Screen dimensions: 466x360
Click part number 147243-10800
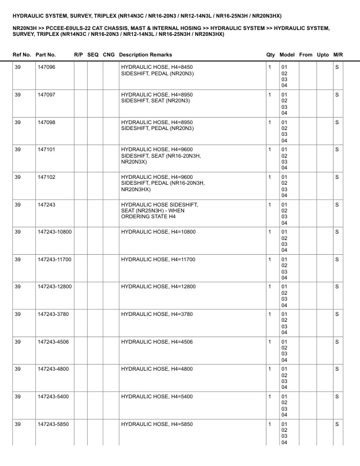click(x=54, y=232)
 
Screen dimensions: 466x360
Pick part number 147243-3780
click(x=52, y=314)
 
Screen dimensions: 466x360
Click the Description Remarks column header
click(x=145, y=55)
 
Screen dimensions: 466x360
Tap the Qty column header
click(x=271, y=55)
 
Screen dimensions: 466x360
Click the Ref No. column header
click(x=22, y=55)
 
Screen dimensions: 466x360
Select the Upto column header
click(x=323, y=55)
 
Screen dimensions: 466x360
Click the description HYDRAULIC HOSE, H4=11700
click(x=158, y=259)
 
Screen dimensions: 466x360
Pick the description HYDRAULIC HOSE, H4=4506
click(x=156, y=342)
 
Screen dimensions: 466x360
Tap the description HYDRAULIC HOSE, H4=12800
click(x=158, y=287)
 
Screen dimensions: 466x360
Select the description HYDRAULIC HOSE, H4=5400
click(x=156, y=397)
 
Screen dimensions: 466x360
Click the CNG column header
click(x=108, y=55)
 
